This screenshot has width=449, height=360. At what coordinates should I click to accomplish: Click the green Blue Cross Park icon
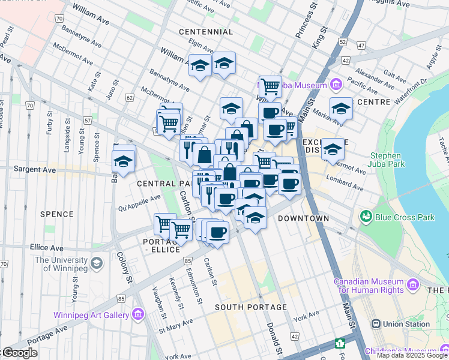[365, 215]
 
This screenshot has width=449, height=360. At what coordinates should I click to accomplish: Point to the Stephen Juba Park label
[385, 160]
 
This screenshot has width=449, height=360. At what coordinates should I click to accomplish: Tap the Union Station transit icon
[376, 324]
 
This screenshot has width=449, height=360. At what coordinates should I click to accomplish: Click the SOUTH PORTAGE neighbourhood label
[252, 307]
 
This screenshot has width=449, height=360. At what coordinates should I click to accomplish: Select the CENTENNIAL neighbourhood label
[205, 31]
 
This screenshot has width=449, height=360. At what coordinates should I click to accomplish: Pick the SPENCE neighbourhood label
[56, 214]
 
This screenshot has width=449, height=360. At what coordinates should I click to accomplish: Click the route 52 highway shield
[342, 41]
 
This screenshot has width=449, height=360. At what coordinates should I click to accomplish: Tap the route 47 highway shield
[361, 45]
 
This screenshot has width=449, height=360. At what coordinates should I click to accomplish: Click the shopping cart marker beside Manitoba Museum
[270, 86]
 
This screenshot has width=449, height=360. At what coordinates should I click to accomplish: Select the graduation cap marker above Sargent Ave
[124, 160]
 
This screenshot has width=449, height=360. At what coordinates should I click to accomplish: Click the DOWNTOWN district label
[303, 218]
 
